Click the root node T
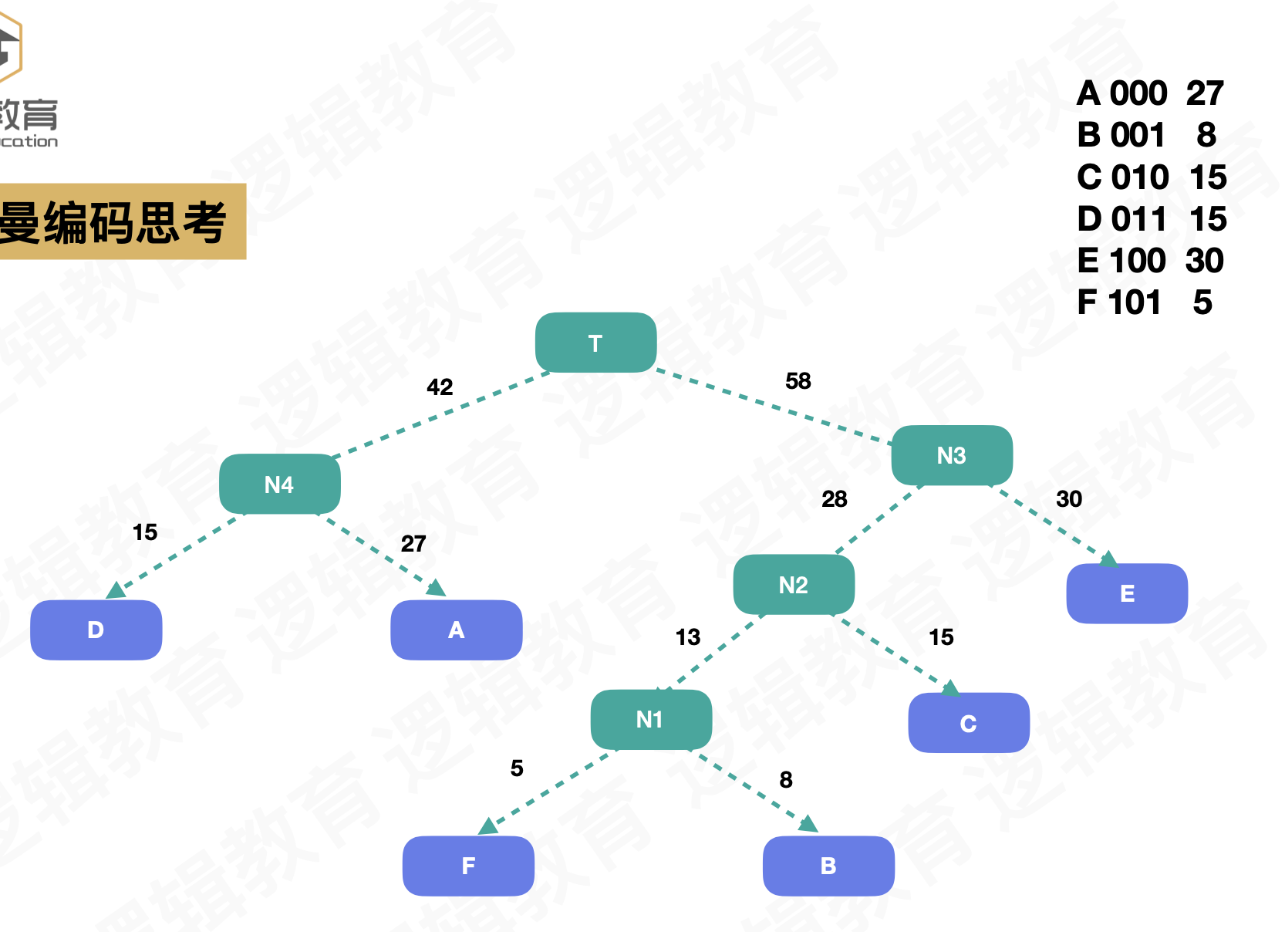[595, 343]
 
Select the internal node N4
[279, 484]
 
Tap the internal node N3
[951, 455]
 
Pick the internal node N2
[793, 585]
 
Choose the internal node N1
[650, 719]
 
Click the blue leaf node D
[96, 630]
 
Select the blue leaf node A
[456, 630]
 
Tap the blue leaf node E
[1126, 593]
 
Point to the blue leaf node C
[968, 723]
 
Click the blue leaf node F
[467, 866]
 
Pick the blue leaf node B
[828, 866]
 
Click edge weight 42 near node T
[440, 387]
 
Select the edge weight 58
[798, 380]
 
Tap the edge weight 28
[834, 499]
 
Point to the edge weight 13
[687, 637]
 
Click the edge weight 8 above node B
[785, 779]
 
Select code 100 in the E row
[1138, 261]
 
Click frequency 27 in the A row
[1204, 93]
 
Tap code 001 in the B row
[1138, 135]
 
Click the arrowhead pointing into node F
[488, 826]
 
